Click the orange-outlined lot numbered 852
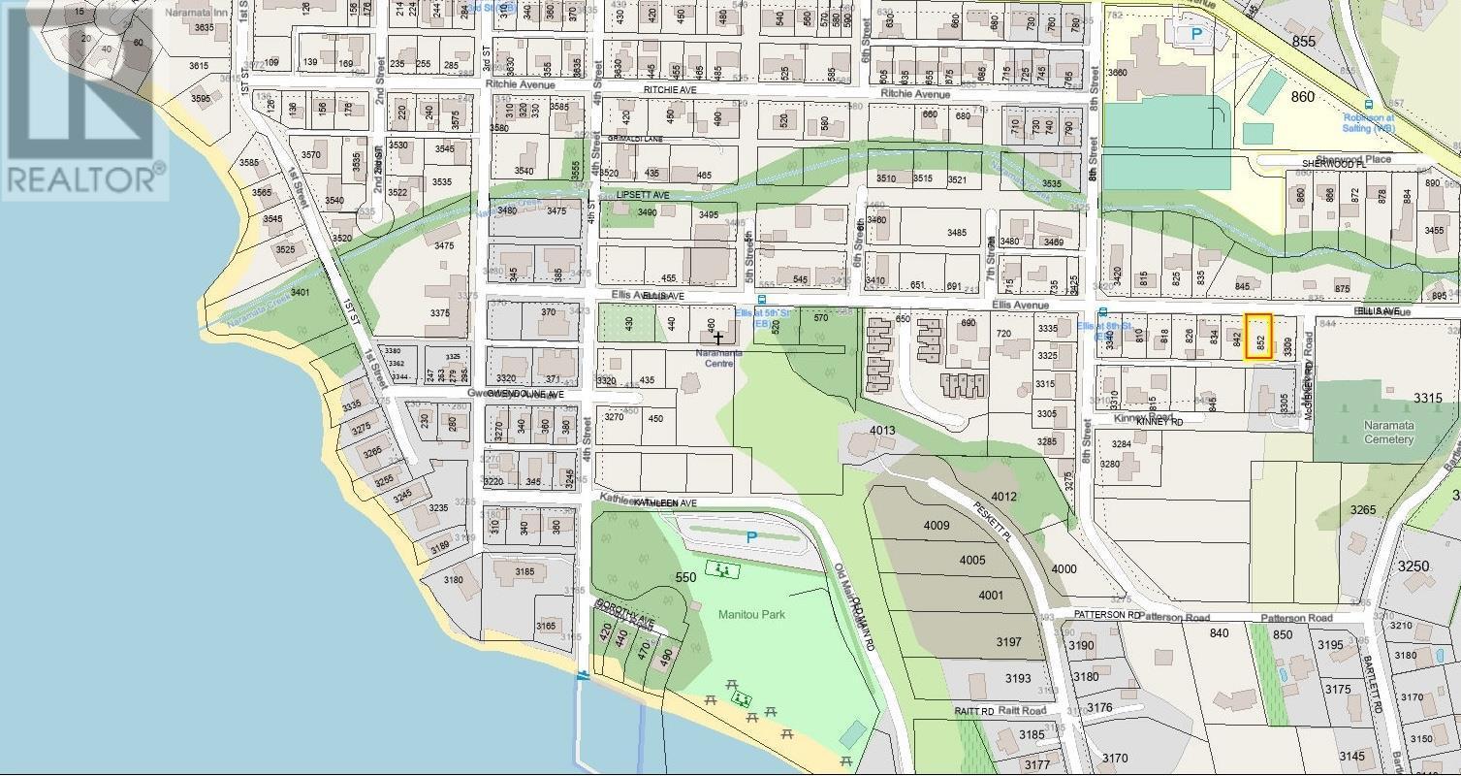(x=1258, y=338)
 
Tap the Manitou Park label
(x=752, y=614)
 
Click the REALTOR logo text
(x=83, y=179)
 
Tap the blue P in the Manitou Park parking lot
(x=751, y=536)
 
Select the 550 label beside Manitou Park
(x=686, y=577)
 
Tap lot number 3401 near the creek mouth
(x=299, y=292)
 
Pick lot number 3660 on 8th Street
(x=1117, y=73)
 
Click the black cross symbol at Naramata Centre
(x=718, y=338)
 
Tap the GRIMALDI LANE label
(x=635, y=139)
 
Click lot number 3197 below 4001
(x=1008, y=641)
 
